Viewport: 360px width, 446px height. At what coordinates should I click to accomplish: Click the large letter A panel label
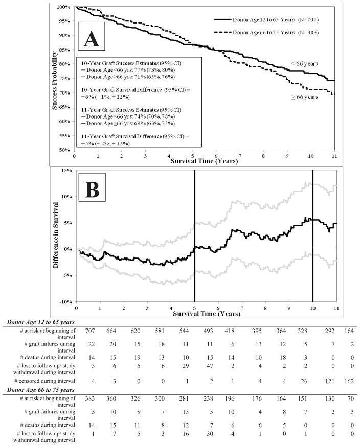[x=92, y=38]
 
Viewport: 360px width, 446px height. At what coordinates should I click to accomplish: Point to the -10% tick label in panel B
[x=65, y=302]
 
